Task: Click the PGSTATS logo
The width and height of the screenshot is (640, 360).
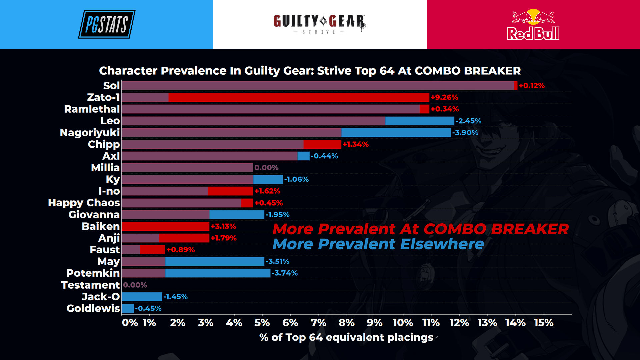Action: [107, 24]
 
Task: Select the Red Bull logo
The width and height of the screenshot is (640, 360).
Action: [533, 25]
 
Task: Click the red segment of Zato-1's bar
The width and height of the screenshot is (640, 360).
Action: [299, 97]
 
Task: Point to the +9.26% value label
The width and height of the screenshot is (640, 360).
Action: [444, 97]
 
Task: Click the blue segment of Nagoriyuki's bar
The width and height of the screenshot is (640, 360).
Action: [396, 133]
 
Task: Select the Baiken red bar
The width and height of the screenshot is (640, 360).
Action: [165, 226]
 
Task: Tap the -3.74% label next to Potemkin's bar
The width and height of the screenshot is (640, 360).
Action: [285, 273]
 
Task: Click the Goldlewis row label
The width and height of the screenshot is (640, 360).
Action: [93, 308]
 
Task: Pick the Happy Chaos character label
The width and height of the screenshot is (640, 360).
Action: [84, 203]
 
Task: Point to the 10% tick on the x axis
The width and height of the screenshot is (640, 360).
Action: [403, 323]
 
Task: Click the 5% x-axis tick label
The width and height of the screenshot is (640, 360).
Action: [262, 323]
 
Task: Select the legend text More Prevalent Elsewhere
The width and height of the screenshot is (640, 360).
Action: [378, 244]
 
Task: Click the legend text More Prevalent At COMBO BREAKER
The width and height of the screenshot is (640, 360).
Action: [420, 229]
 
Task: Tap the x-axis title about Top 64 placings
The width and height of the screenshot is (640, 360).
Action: [346, 337]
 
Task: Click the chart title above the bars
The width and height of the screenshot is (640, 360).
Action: [310, 71]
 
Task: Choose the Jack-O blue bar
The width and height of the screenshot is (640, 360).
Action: [142, 297]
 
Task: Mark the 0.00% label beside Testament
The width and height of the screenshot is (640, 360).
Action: [135, 285]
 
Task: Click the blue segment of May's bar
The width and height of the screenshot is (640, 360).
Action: [215, 261]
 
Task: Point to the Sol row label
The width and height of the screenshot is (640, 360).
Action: [111, 86]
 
